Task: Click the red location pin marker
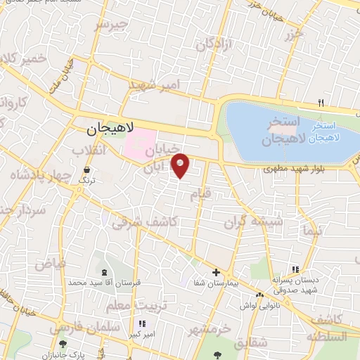click(181, 165)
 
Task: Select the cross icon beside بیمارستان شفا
click(216, 272)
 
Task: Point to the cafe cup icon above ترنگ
click(86, 170)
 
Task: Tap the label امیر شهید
click(155, 85)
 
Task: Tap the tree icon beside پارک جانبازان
click(64, 344)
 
